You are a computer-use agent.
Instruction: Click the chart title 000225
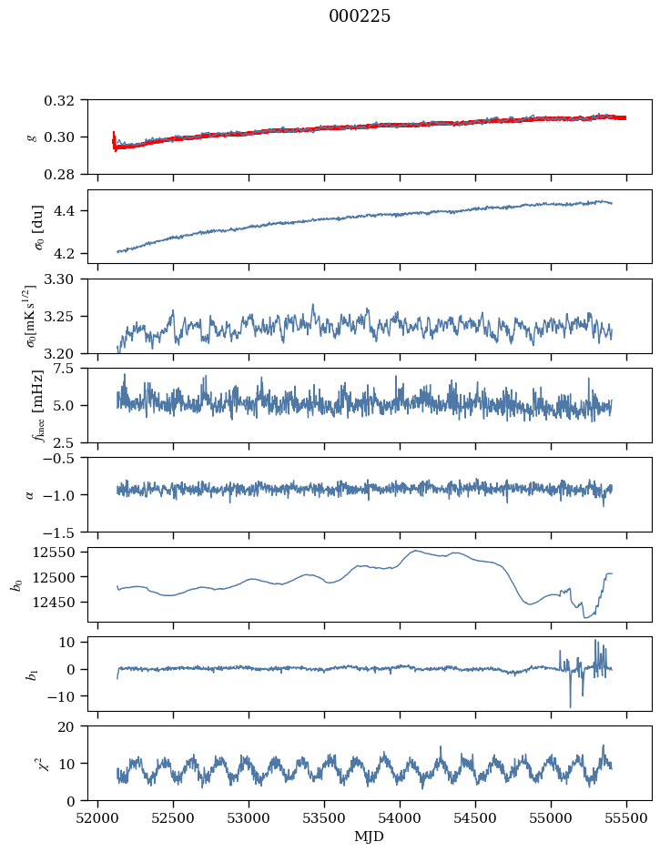359,16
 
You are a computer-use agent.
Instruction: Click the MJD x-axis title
369,837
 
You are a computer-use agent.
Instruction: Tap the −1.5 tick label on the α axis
63,532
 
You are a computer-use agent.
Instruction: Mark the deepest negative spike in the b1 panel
571,707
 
